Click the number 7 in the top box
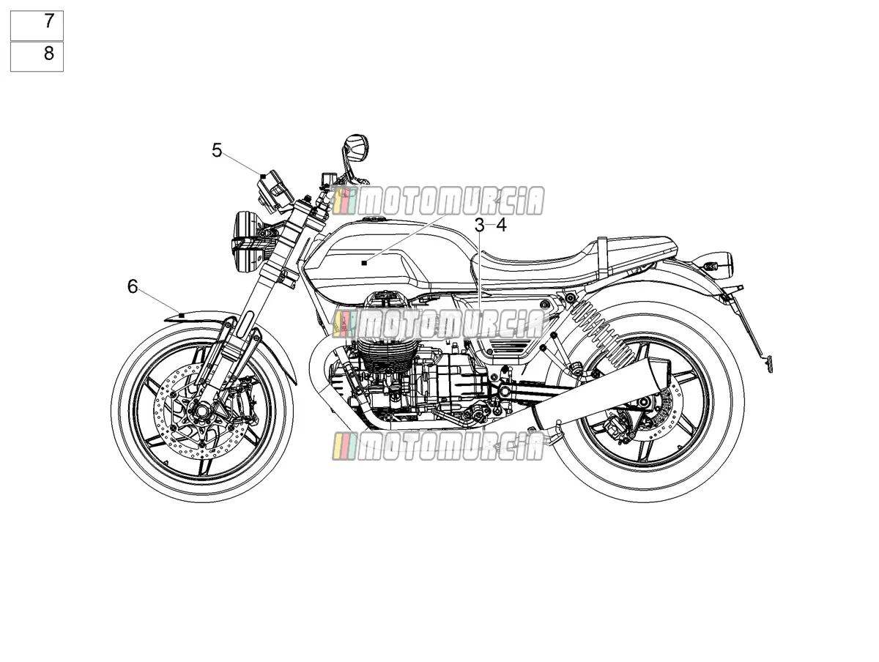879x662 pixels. point(49,21)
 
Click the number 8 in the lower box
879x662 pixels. point(49,53)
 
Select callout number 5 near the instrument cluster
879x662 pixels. point(217,151)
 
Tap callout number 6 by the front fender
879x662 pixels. point(133,286)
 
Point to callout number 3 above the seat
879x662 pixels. point(479,226)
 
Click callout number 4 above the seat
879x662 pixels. point(501,226)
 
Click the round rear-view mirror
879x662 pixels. point(355,148)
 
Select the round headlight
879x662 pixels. point(245,242)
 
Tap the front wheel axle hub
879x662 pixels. point(201,411)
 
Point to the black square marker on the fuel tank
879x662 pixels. point(363,263)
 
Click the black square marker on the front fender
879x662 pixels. point(182,316)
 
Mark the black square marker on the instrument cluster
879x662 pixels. point(263,176)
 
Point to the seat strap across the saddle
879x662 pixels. point(602,259)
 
